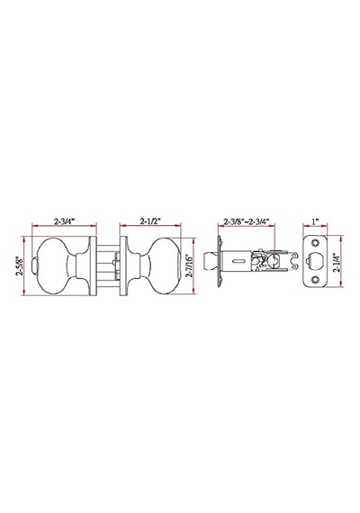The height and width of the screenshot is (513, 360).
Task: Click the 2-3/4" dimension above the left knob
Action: [x=65, y=220]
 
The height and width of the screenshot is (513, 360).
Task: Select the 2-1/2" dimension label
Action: [x=149, y=220]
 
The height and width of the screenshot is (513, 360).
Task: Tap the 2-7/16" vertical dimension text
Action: [x=190, y=265]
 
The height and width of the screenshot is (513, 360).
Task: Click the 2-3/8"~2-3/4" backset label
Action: [x=246, y=220]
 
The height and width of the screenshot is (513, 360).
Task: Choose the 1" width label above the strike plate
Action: [x=315, y=221]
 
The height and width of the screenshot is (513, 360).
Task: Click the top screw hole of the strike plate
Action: [x=316, y=243]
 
